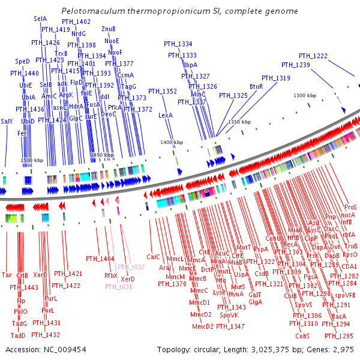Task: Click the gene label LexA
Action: point(166,115)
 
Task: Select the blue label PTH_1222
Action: point(313,56)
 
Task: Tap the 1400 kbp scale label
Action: point(170,142)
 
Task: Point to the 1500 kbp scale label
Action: point(32,161)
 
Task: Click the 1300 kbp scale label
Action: point(305,95)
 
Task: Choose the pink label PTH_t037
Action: point(131,266)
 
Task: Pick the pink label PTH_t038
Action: point(119,287)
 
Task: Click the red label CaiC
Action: point(154,257)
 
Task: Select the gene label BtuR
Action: point(256,86)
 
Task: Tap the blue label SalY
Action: point(7,121)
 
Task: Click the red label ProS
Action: point(350,206)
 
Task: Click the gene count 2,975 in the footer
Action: point(341,349)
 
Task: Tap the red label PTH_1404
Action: point(100,259)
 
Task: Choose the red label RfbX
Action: point(111,275)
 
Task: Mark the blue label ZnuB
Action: point(109,29)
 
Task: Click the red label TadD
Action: point(19,335)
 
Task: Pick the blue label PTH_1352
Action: point(163,91)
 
